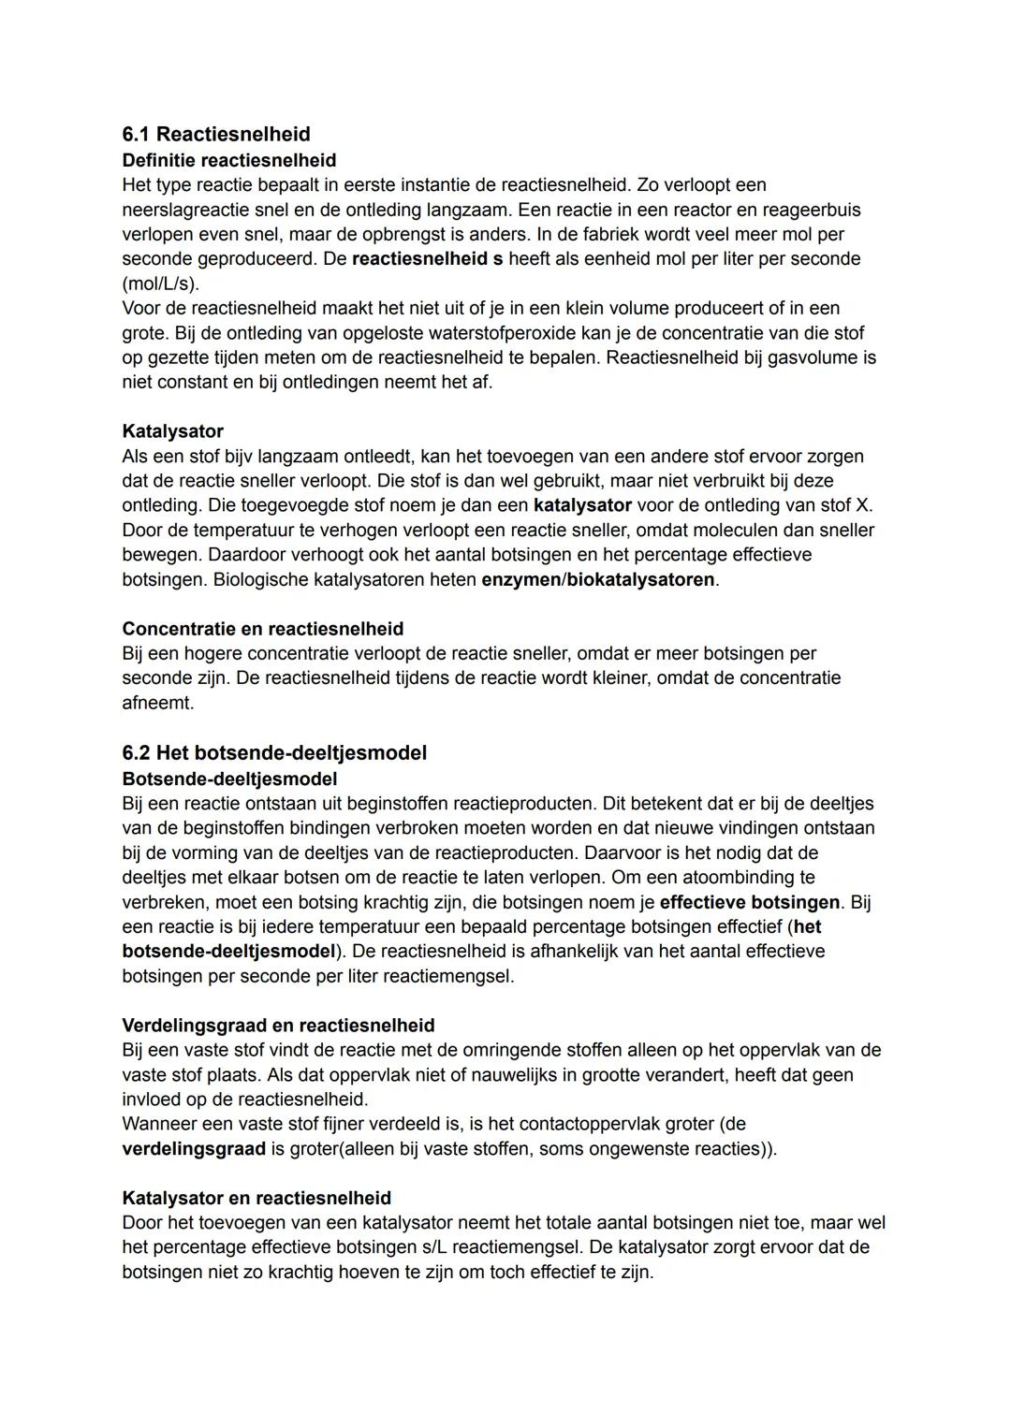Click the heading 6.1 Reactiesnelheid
point(216,134)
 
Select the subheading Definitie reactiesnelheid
point(228,160)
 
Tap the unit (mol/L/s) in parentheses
point(160,283)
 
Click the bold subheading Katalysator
point(172,431)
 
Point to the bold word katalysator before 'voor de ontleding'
point(582,505)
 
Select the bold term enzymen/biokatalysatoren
point(598,579)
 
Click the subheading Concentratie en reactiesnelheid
point(262,629)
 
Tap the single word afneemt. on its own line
point(157,703)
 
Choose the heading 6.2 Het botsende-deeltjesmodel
point(274,752)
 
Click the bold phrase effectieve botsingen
point(750,903)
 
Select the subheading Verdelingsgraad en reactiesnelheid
point(278,1026)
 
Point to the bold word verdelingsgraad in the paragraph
point(194,1149)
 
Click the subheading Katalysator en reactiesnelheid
point(256,1198)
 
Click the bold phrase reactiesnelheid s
point(427,258)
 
